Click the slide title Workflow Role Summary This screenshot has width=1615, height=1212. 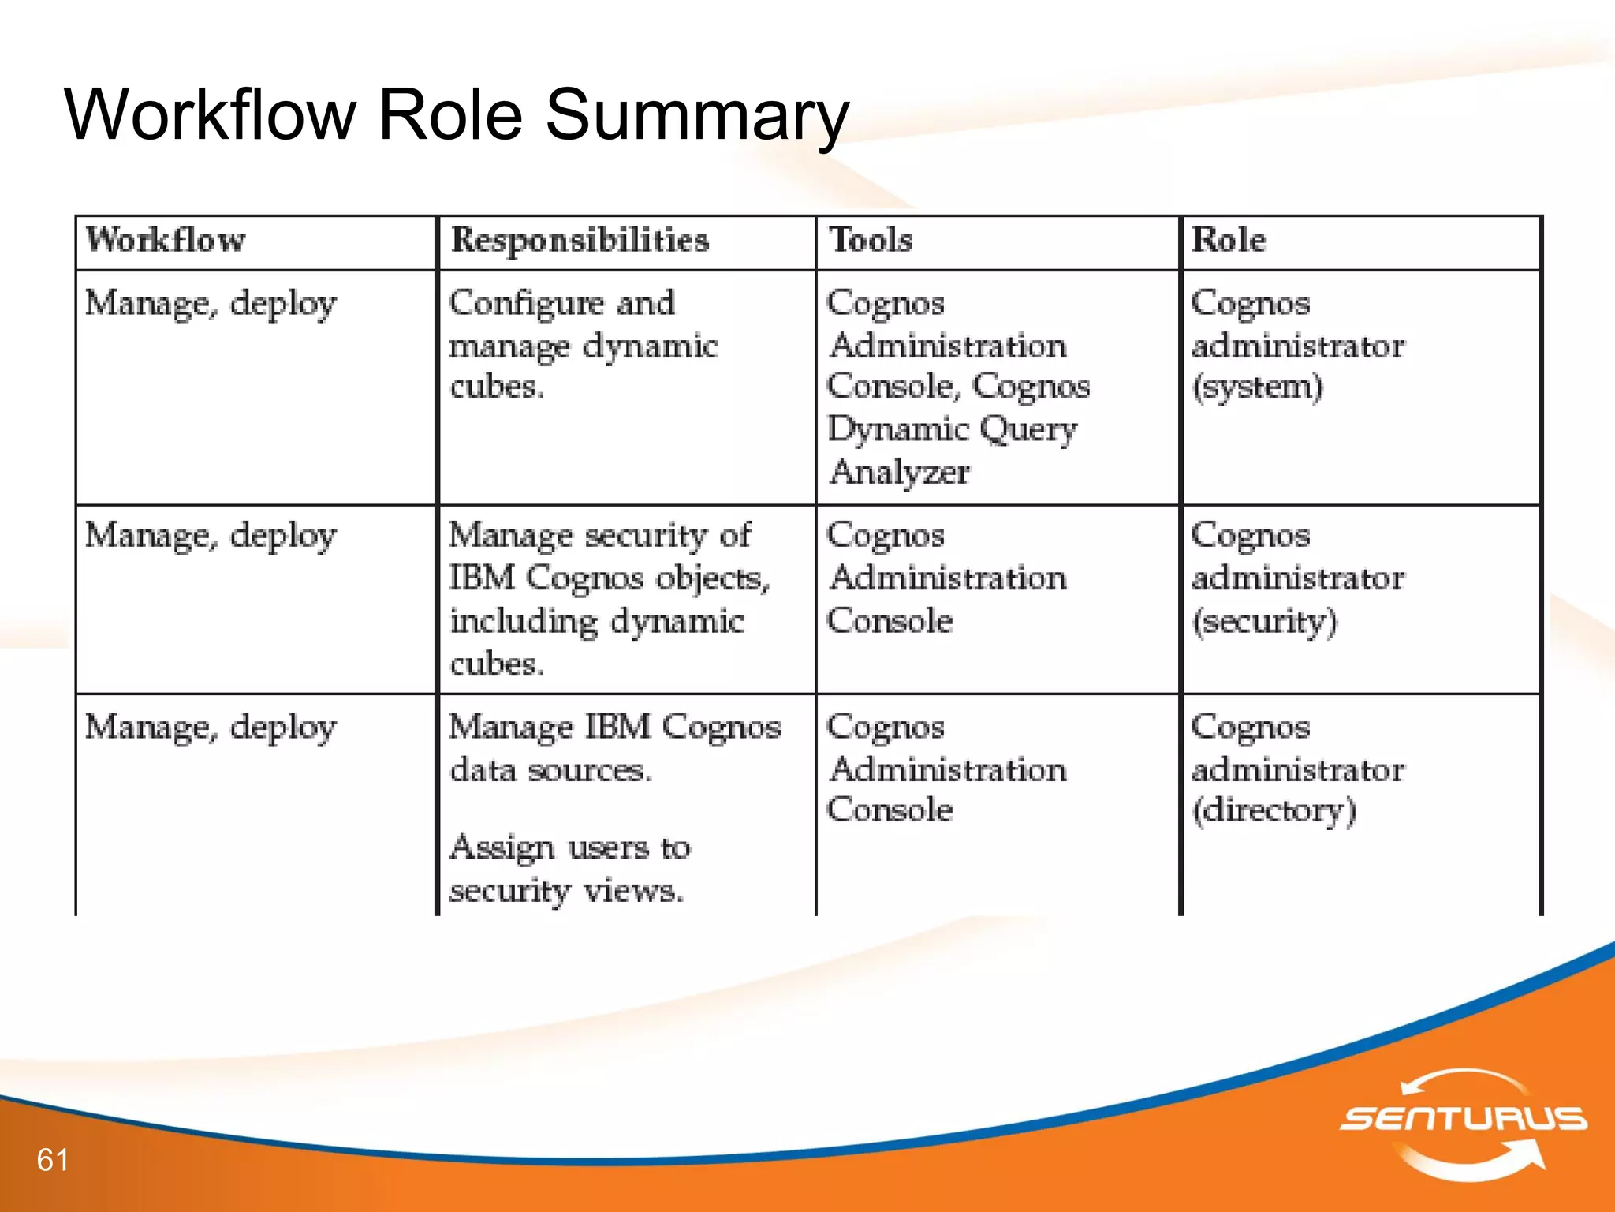point(457,115)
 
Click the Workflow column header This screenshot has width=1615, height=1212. point(166,240)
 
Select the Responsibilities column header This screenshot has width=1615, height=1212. point(580,240)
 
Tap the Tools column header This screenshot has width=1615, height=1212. point(871,240)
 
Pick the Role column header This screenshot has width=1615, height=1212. point(1229,240)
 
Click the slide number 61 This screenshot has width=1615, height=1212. point(53,1160)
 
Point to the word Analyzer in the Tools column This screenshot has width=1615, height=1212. point(900,472)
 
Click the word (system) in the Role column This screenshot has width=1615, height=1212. point(1257,387)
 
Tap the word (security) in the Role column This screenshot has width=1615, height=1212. point(1264,621)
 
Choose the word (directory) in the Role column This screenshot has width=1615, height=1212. point(1274,810)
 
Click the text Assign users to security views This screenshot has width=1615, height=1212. point(569,869)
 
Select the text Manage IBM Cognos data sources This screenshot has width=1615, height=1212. point(614,747)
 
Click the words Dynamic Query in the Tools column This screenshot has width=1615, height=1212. point(952,429)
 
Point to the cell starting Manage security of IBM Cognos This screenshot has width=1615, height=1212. point(609,599)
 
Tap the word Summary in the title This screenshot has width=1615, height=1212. point(697,115)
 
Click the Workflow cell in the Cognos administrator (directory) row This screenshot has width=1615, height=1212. point(211,727)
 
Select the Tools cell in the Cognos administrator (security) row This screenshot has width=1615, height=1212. point(946,578)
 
